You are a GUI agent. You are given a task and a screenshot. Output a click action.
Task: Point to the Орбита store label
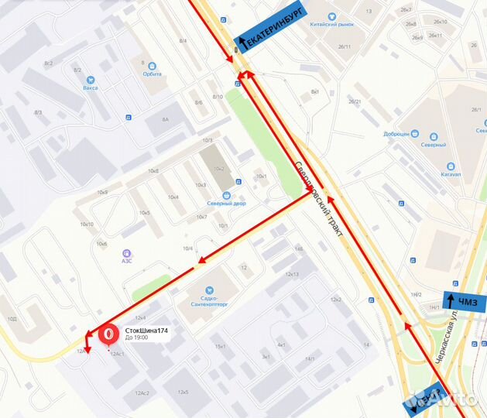click(152, 74)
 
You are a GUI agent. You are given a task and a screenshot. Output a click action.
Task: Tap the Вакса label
click(91, 87)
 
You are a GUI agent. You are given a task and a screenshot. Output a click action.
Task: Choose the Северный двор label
click(225, 204)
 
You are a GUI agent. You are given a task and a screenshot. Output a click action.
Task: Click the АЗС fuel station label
click(126, 261)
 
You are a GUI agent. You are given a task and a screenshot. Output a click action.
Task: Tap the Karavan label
click(451, 173)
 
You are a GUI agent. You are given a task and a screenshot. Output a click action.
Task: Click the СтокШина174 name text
click(146, 331)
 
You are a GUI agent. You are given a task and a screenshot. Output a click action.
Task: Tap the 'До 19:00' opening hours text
click(136, 338)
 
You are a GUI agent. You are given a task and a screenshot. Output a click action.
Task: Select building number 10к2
click(218, 168)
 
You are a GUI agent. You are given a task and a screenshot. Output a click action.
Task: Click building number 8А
click(165, 119)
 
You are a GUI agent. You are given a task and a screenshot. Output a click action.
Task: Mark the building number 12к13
click(292, 274)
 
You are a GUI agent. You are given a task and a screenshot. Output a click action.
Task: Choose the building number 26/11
click(344, 46)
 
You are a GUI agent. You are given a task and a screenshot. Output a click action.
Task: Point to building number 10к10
click(87, 224)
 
